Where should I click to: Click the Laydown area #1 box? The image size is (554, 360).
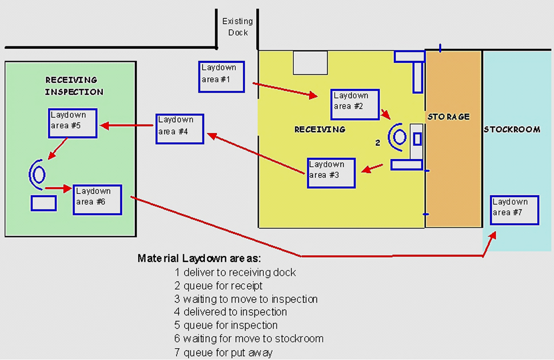click(x=221, y=77)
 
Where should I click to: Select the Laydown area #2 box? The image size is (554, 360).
click(x=355, y=104)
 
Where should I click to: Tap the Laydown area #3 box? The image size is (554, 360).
click(x=331, y=173)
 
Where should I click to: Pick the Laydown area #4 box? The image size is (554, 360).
click(x=180, y=128)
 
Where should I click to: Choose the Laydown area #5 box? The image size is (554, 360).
click(x=72, y=123)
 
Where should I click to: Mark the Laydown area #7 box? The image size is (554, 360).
click(x=515, y=210)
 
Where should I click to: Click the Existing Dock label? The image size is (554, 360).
click(x=238, y=27)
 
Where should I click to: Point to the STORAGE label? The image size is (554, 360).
click(x=449, y=116)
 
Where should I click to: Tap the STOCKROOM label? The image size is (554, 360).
click(x=512, y=129)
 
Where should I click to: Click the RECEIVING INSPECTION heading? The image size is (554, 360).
click(x=74, y=86)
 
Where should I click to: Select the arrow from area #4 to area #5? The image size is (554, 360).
click(x=128, y=126)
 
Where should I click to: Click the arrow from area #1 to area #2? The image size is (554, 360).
click(x=285, y=90)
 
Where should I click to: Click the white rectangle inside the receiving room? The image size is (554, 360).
click(x=310, y=62)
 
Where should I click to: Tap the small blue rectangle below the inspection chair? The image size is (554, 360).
click(x=44, y=203)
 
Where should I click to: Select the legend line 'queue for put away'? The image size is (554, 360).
click(x=223, y=352)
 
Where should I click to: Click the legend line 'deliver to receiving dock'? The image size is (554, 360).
click(x=235, y=272)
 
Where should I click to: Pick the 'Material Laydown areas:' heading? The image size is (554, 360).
click(x=199, y=258)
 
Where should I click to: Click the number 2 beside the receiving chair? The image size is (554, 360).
click(x=378, y=143)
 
